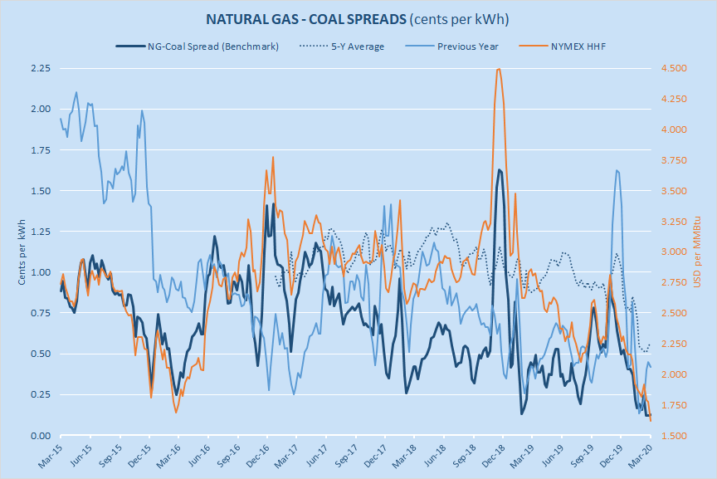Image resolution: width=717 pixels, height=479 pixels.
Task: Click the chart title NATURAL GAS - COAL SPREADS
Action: [x=358, y=18]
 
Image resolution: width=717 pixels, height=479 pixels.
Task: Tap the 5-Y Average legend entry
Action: [x=357, y=46]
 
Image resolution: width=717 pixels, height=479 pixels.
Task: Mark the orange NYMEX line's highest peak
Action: [x=498, y=69]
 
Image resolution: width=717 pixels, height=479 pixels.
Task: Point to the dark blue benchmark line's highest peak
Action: [x=500, y=169]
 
